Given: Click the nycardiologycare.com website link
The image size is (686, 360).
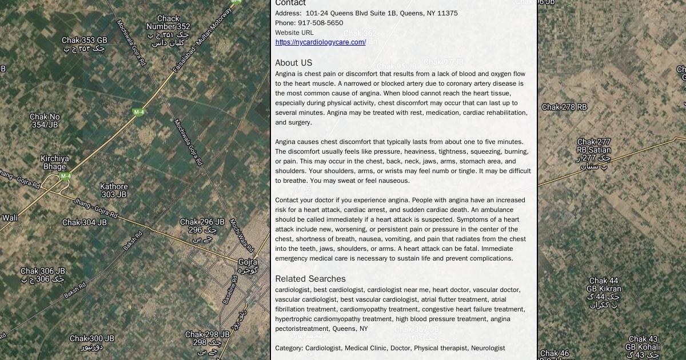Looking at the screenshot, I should pyautogui.click(x=320, y=42).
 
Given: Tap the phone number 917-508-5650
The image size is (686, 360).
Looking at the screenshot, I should pyautogui.click(x=320, y=23).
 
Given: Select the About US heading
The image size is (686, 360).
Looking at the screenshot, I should pyautogui.click(x=293, y=63).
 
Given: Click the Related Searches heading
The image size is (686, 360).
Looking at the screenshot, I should pyautogui.click(x=310, y=279).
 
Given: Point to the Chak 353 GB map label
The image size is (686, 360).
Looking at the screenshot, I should pyautogui.click(x=84, y=41).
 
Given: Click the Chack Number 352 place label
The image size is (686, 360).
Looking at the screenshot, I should pyautogui.click(x=167, y=23).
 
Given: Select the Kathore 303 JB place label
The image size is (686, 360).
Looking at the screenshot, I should pyautogui.click(x=114, y=191).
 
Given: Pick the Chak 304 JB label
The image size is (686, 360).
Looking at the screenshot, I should pyautogui.click(x=84, y=223).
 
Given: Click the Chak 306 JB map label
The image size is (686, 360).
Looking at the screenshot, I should pyautogui.click(x=43, y=271).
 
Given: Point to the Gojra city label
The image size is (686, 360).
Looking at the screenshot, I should pyautogui.click(x=248, y=262).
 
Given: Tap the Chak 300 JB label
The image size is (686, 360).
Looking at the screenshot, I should pyautogui.click(x=91, y=339).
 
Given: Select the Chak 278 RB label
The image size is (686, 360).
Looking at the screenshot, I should pyautogui.click(x=564, y=107).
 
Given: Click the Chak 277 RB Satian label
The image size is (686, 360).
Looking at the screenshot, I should pyautogui.click(x=593, y=146).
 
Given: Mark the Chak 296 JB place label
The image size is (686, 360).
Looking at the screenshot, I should pyautogui.click(x=202, y=222).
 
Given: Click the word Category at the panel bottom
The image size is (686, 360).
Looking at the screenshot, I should pyautogui.click(x=288, y=348).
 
